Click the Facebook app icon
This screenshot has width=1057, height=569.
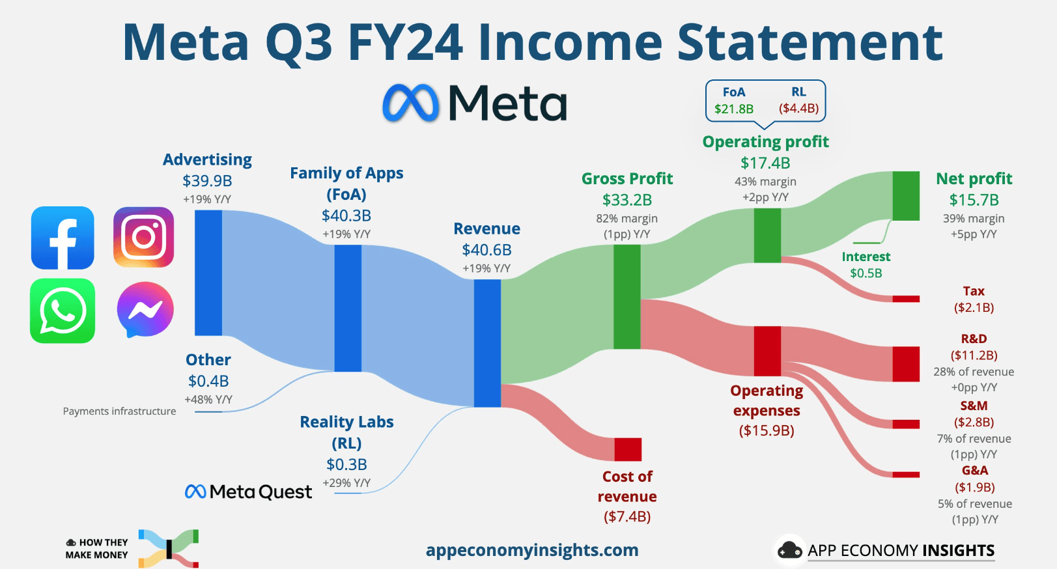pos(63,238)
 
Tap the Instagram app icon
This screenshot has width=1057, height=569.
pos(143,237)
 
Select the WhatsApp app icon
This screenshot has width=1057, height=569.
pos(63,311)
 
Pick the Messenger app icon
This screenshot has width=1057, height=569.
pos(145,309)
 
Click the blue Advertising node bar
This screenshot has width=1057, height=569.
pos(208,273)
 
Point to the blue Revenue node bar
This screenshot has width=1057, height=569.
pos(487,343)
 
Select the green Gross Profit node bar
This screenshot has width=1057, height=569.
pos(627,297)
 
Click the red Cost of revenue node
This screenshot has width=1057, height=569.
pos(628,449)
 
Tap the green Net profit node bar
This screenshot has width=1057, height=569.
pos(906,196)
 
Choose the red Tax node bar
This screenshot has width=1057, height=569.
pos(906,299)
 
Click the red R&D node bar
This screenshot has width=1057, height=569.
pos(906,364)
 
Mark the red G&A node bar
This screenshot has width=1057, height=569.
pos(906,475)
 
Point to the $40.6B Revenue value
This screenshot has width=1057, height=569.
pos(486,249)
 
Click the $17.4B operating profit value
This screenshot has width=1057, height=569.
pos(765,163)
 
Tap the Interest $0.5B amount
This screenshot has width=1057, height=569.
pos(866,273)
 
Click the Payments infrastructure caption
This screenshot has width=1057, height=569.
pos(119,411)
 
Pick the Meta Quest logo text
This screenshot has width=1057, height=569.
pos(248,492)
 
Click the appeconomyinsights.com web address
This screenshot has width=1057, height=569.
pos(532,550)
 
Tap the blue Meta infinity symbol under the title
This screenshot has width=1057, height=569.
pos(410,103)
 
